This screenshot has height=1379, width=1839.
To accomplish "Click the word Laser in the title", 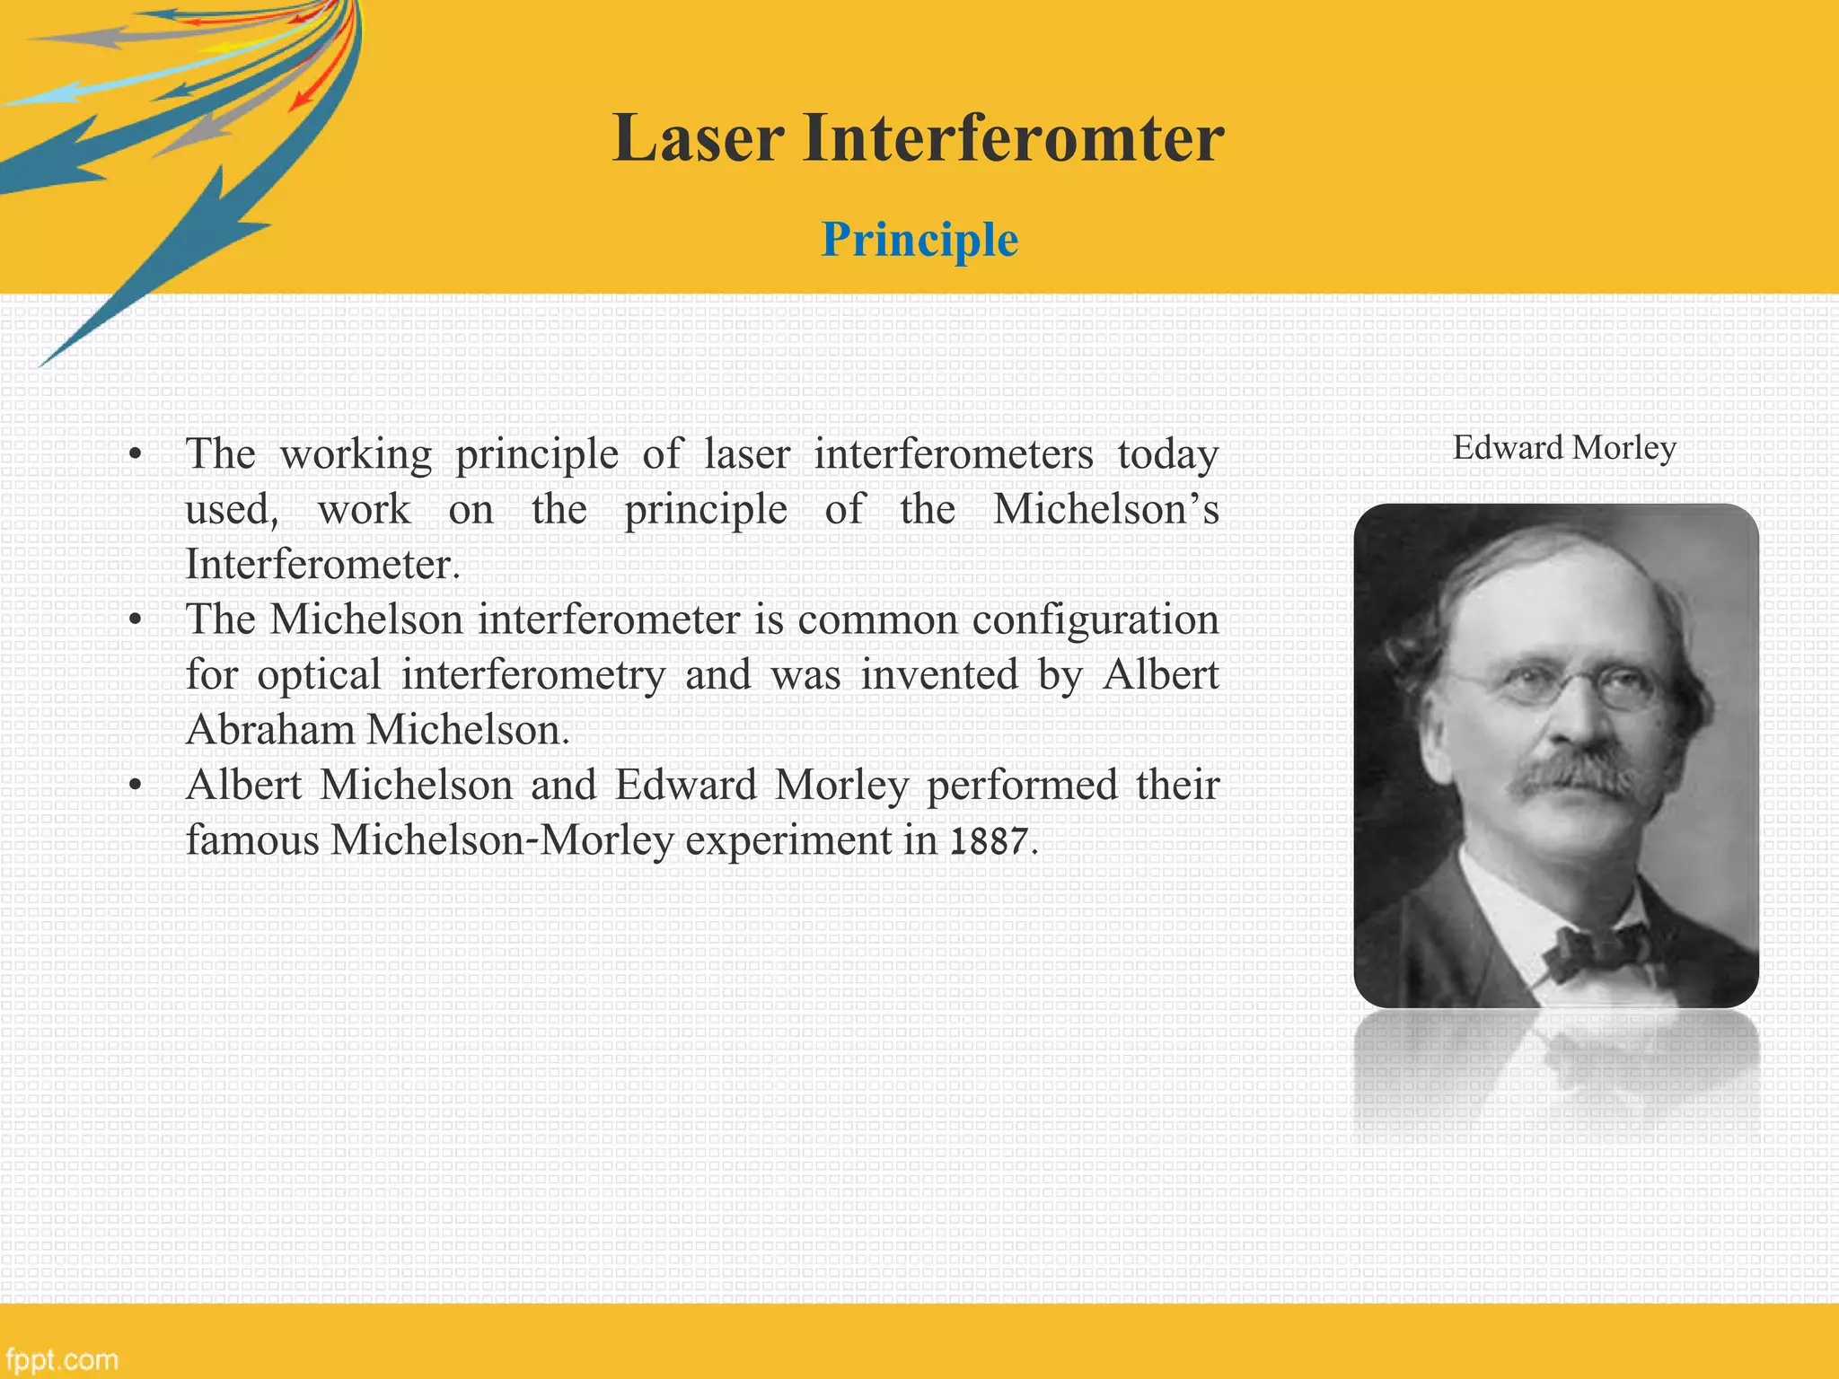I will point(699,138).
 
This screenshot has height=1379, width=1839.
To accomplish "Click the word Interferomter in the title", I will point(1013,138).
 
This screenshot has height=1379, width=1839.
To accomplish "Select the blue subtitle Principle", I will point(919,240).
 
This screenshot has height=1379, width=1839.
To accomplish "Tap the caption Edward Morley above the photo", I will point(1564,447).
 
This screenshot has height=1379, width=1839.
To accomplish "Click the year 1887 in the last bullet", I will point(989,841).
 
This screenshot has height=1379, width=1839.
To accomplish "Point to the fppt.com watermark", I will point(61,1358).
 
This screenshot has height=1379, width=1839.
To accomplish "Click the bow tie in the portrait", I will point(1598,950).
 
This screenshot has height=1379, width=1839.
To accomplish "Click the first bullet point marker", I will point(135,454).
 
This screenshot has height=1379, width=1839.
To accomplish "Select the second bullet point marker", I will point(135,619).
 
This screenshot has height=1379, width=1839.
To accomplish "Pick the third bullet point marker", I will point(135,786).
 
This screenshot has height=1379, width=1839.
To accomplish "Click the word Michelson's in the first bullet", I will point(1106,510).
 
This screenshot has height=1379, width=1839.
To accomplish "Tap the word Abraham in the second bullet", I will point(270,730).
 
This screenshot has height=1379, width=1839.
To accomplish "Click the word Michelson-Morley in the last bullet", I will point(502,841).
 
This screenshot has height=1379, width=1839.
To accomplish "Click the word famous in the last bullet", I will point(252,841).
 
